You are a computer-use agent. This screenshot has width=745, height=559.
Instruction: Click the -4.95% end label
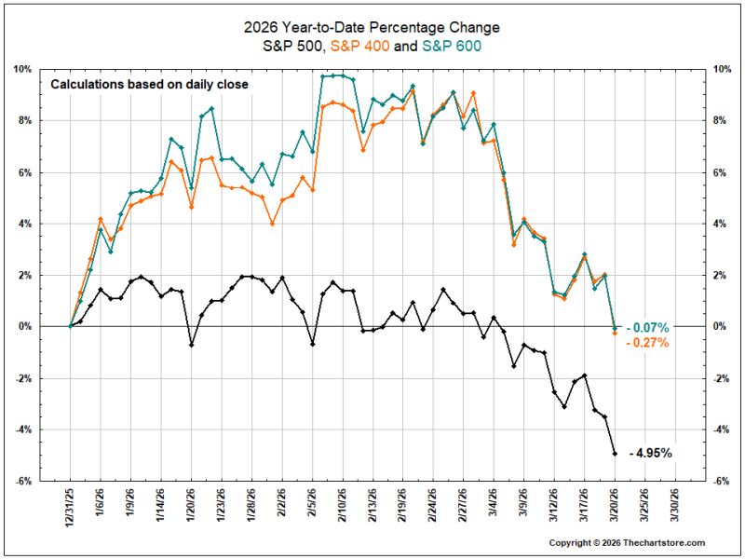pos(650,453)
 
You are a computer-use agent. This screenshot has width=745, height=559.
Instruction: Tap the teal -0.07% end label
pos(647,328)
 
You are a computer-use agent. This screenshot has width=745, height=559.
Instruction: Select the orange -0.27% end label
pos(647,342)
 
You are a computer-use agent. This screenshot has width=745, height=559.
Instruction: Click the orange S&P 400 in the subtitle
pos(360,46)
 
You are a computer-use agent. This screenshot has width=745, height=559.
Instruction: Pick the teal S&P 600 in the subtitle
pos(452,46)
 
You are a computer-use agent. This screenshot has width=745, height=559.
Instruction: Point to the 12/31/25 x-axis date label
pos(71,505)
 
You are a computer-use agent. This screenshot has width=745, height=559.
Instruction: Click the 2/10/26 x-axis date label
pos(343,505)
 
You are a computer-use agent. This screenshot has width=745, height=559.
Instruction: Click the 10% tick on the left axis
pos(22,69)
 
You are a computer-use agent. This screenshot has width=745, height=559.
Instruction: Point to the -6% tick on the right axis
pos(722,481)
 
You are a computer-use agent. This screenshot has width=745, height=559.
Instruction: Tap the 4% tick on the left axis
pos(25,224)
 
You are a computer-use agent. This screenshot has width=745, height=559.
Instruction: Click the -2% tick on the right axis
pos(722,378)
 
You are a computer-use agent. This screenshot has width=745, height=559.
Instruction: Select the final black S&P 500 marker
pos(615,454)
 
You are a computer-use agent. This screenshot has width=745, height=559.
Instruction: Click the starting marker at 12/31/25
pos(71,326)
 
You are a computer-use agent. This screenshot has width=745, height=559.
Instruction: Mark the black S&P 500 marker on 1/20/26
pos(192,345)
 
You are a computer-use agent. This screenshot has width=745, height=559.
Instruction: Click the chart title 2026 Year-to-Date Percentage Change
pos(372,28)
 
